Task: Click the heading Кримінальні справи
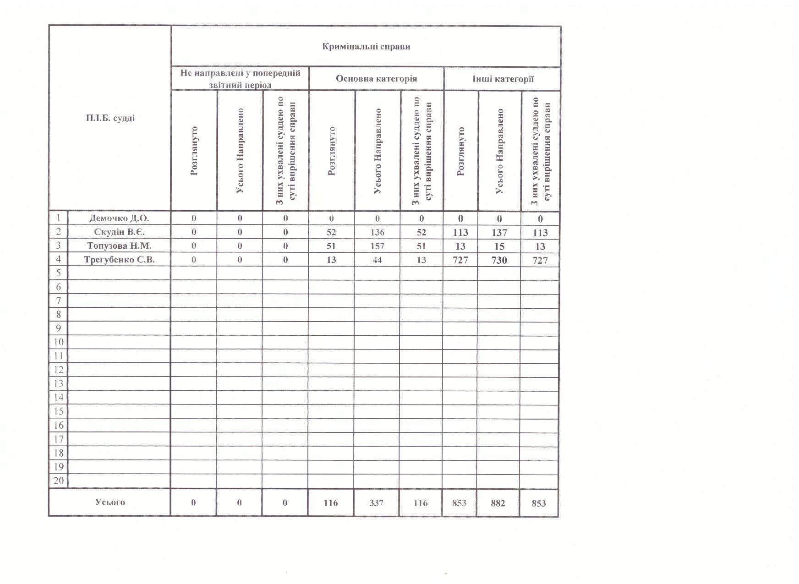click(366, 47)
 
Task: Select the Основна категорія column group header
click(376, 78)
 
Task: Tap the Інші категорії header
click(503, 79)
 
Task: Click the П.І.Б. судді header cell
click(110, 118)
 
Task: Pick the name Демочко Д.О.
click(119, 218)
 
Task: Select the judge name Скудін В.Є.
click(119, 232)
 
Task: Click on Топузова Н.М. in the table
click(119, 246)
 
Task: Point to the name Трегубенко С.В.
click(119, 260)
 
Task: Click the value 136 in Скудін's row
click(377, 232)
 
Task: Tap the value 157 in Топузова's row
click(377, 246)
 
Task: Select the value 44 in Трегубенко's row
click(377, 260)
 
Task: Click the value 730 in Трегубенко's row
click(499, 260)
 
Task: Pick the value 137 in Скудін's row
click(499, 233)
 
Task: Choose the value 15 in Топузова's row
click(499, 246)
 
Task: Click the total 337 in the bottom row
click(376, 503)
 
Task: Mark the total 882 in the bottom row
click(498, 503)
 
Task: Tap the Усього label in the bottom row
click(110, 502)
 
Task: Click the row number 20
click(59, 480)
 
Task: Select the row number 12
click(59, 370)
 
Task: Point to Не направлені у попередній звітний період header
click(240, 79)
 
